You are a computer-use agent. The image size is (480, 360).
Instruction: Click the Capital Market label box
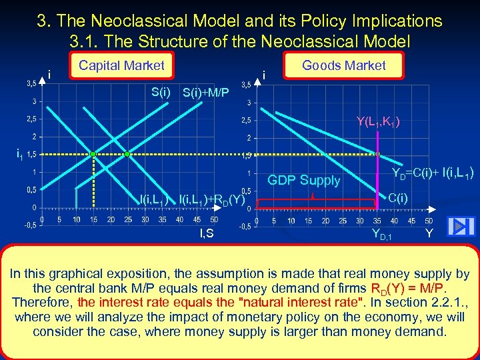pos(121,65)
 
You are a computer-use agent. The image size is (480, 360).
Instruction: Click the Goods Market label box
pos(343,65)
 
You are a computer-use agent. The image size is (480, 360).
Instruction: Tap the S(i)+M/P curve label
pos(206,94)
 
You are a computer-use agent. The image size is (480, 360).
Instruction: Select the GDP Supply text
pos(303,180)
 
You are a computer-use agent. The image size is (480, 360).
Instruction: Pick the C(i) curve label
pos(398,198)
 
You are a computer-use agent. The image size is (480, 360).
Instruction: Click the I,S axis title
pos(207,233)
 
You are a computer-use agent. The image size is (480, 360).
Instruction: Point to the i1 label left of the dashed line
pos(20,155)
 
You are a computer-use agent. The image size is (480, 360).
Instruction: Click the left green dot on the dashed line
pos(93,154)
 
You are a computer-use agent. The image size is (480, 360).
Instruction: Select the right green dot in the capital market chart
pos(128,154)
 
